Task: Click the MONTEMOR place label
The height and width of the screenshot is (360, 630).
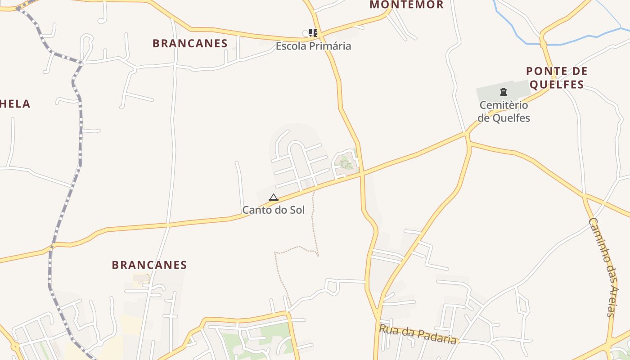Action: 406,5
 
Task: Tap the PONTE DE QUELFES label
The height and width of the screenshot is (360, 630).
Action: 557,77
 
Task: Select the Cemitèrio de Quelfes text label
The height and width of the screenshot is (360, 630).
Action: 504,111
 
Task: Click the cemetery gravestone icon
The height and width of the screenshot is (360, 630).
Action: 503,92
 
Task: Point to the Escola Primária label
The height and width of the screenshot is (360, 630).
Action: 313,46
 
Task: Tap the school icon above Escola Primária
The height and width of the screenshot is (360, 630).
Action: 313,33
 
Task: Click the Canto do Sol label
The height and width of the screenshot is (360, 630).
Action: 273,210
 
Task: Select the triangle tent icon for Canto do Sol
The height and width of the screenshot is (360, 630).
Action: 273,197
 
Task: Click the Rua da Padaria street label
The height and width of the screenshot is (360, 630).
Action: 418,334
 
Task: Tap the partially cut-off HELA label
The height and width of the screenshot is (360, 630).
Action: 15,104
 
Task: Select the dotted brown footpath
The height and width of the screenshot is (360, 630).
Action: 315,225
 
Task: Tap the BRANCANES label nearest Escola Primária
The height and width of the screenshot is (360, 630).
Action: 190,44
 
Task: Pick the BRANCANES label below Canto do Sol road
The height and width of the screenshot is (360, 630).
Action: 149,265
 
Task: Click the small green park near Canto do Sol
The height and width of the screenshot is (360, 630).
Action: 346,162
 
